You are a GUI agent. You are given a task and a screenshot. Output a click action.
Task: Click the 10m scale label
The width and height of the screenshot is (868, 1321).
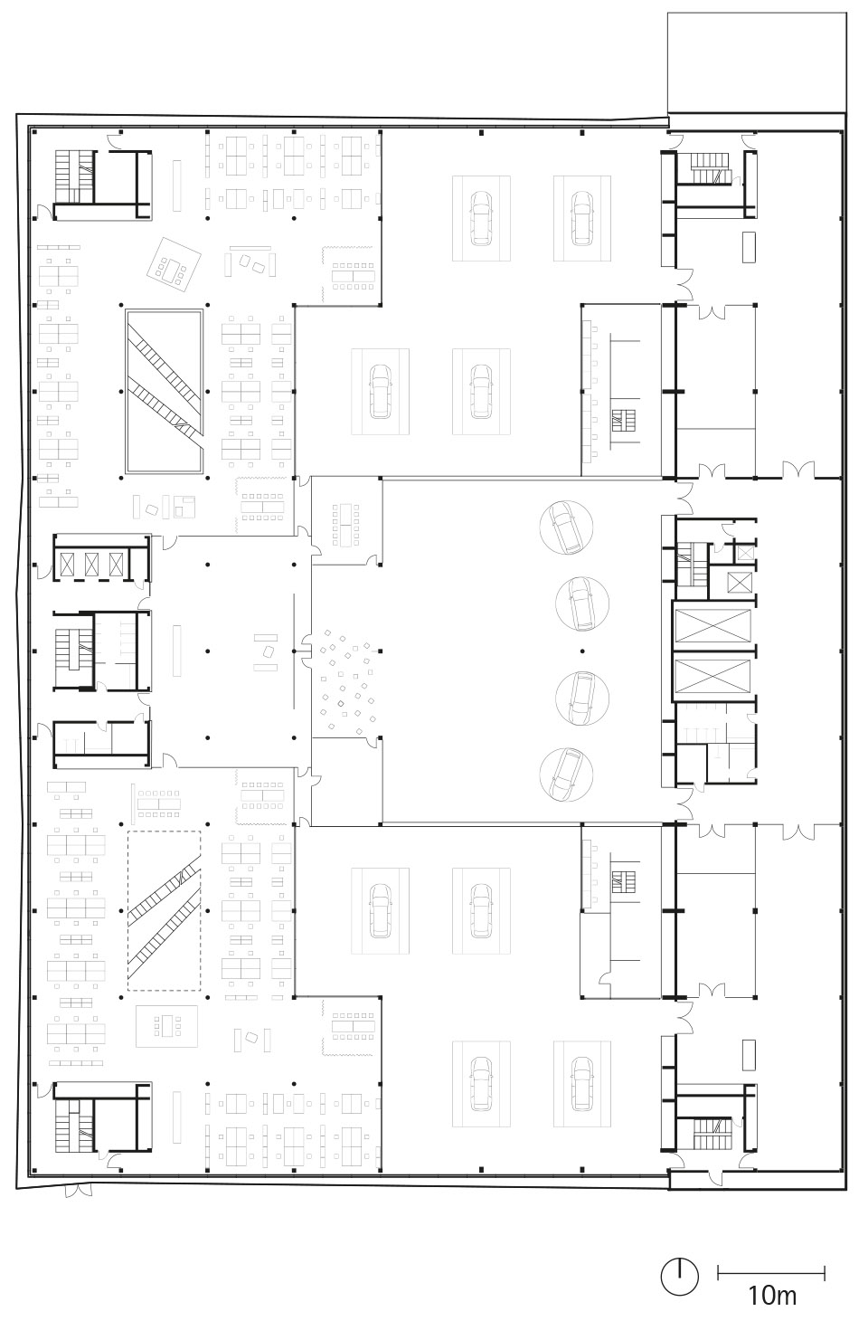click(772, 1295)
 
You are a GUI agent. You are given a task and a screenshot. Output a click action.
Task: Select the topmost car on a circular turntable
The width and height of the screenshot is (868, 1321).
click(566, 527)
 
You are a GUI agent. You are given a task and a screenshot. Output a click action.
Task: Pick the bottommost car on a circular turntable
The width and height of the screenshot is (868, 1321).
click(566, 775)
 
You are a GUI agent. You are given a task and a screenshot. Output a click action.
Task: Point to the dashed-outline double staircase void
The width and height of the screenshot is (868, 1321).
click(165, 910)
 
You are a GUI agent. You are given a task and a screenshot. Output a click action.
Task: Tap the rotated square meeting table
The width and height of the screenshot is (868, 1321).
click(174, 264)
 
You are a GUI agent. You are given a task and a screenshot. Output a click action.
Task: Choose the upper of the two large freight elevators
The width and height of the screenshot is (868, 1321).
click(712, 625)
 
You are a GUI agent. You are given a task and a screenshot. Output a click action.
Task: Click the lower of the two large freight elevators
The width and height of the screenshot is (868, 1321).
click(712, 676)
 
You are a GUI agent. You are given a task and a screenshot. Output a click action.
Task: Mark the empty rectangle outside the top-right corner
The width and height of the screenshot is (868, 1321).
click(757, 62)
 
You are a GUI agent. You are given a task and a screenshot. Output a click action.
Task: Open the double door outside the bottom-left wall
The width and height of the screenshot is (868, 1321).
click(79, 1191)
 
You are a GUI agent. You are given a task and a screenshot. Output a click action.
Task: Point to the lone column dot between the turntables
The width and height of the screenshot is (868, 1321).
click(582, 651)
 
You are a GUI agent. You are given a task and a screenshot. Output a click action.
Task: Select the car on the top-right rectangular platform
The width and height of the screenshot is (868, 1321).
click(582, 218)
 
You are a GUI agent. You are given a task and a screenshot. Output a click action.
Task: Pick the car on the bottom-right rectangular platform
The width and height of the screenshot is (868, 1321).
click(582, 1083)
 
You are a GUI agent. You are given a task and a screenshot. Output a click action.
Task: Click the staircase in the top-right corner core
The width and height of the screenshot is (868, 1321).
click(712, 168)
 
